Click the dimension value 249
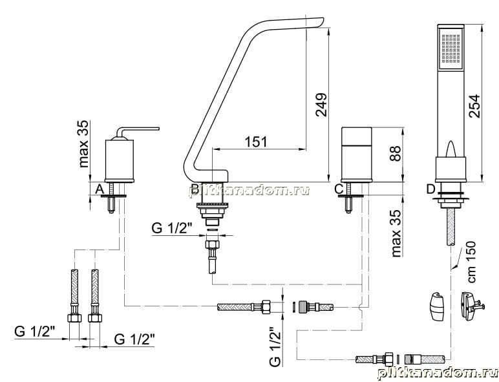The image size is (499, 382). click(x=321, y=105)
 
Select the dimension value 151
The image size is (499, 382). click(x=256, y=142)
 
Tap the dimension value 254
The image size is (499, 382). click(x=474, y=106)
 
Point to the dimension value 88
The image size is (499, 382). click(x=395, y=154)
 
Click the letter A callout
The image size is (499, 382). click(x=100, y=189)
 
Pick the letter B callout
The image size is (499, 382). click(x=195, y=189)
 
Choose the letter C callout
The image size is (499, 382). click(x=339, y=189)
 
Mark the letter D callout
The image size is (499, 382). click(x=430, y=189)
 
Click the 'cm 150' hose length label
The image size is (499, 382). click(x=472, y=262)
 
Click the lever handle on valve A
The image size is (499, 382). click(x=138, y=131)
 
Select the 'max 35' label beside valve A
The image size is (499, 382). click(x=83, y=143)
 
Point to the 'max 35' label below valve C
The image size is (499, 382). click(x=396, y=233)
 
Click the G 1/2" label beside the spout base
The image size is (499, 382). click(x=172, y=228)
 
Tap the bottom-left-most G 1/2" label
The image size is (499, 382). click(x=35, y=332)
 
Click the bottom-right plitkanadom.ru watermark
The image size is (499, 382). click(x=437, y=374)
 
